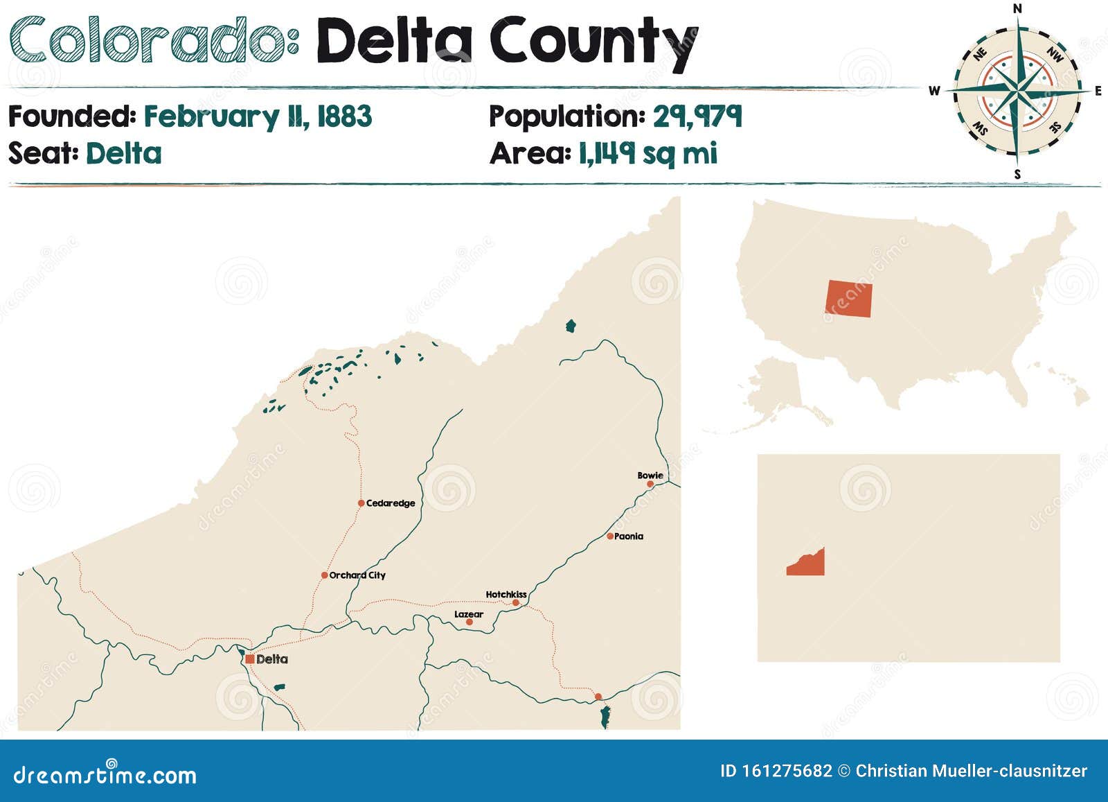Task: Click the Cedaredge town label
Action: point(390,503)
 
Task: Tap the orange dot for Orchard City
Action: point(324,575)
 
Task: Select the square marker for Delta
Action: point(249,659)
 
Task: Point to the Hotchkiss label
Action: point(506,594)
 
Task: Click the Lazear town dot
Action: point(470,622)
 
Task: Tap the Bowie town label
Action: point(650,476)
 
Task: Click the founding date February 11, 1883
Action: point(258,116)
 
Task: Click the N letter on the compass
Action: point(1017,9)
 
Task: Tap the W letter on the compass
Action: point(934,91)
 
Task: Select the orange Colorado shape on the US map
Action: point(849,299)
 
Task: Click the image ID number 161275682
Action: point(786,771)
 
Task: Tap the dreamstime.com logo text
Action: point(105,774)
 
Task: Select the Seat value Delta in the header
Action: point(124,153)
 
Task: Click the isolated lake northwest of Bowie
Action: point(571,326)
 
